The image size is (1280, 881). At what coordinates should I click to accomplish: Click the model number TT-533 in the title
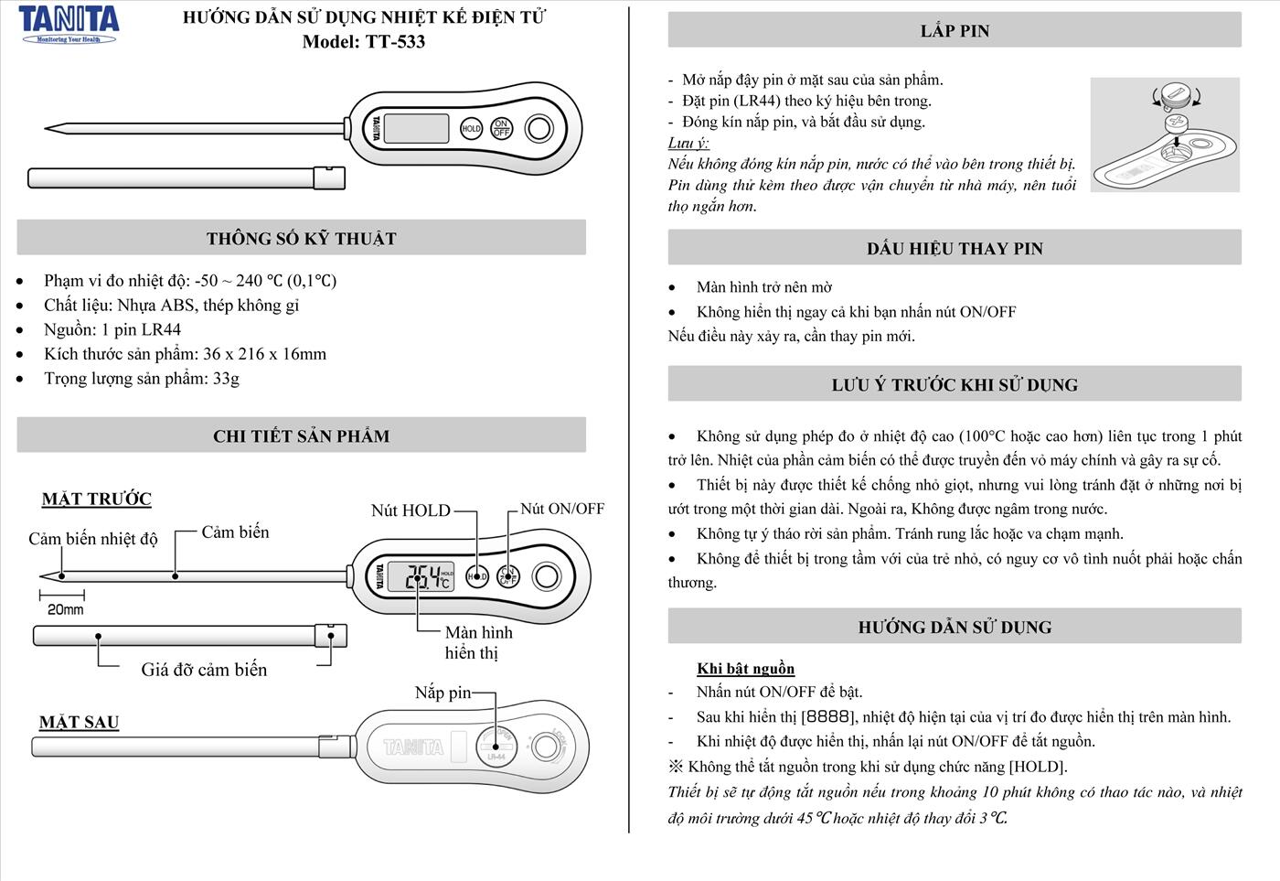(x=395, y=41)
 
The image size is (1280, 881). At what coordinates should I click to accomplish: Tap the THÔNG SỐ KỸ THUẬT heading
(x=301, y=239)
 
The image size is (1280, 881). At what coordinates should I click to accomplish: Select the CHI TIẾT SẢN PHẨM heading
(x=301, y=436)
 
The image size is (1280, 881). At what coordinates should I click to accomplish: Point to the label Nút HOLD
(x=411, y=510)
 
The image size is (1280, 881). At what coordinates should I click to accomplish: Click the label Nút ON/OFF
(x=562, y=509)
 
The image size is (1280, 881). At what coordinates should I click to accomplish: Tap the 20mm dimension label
(x=66, y=609)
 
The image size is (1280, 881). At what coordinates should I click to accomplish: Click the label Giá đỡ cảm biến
(x=204, y=670)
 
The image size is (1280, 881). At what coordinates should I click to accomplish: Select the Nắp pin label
(x=443, y=693)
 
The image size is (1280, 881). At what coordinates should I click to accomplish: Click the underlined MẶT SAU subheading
(x=80, y=723)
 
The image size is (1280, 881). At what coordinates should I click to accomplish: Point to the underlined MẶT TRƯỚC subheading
(x=97, y=500)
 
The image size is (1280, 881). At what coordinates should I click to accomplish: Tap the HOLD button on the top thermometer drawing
(x=471, y=129)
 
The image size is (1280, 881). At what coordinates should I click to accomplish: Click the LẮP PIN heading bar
(x=954, y=31)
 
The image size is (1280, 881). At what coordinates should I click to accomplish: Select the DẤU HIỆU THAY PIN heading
(x=954, y=249)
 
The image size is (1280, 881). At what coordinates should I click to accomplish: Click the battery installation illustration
(x=1165, y=135)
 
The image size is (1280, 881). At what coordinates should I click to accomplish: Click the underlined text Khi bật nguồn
(x=745, y=669)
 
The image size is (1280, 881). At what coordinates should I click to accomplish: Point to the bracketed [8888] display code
(x=827, y=717)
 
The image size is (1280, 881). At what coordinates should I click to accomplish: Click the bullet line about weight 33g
(x=142, y=379)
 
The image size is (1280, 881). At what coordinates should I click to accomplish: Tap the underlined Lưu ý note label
(x=688, y=143)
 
